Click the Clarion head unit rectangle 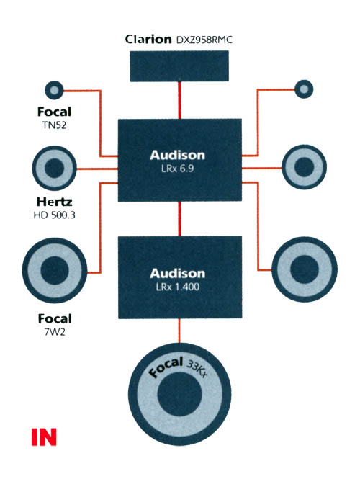(x=179, y=66)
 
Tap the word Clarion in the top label (x=148, y=40)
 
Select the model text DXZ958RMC (x=204, y=40)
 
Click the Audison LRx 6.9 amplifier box (x=180, y=160)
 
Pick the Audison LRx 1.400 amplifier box (x=180, y=277)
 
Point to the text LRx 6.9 (x=177, y=169)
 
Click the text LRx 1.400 (x=177, y=287)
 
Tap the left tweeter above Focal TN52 (x=54, y=90)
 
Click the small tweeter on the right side (x=304, y=89)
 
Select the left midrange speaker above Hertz (x=54, y=168)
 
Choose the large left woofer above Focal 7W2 (x=55, y=270)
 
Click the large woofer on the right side (x=305, y=269)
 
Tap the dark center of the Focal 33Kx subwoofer (x=179, y=394)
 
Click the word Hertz (x=54, y=202)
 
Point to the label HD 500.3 (x=54, y=215)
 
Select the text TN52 (x=54, y=125)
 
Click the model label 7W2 (x=55, y=332)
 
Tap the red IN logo (x=44, y=437)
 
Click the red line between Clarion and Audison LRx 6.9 (x=179, y=100)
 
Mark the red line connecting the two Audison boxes (x=179, y=219)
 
